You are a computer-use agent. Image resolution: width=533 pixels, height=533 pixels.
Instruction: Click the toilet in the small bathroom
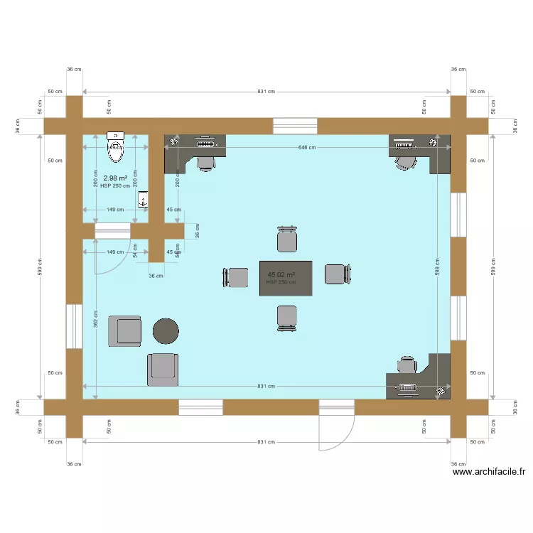pyautogui.click(x=115, y=148)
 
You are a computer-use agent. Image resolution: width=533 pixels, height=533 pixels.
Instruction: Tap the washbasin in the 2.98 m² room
pyautogui.click(x=143, y=198)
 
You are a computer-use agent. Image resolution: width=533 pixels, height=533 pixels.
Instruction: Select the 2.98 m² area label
pyautogui.click(x=115, y=178)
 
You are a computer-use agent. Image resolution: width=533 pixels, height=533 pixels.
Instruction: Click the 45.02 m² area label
pyautogui.click(x=281, y=274)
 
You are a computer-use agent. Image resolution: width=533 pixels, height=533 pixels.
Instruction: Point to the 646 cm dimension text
pyautogui.click(x=307, y=147)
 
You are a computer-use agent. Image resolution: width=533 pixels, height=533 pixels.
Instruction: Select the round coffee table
pyautogui.click(x=166, y=330)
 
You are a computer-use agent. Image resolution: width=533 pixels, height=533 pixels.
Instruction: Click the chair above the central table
pyautogui.click(x=286, y=239)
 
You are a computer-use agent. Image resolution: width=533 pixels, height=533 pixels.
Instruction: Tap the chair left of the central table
pyautogui.click(x=236, y=277)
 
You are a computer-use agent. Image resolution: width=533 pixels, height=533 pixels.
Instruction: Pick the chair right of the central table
pyautogui.click(x=337, y=274)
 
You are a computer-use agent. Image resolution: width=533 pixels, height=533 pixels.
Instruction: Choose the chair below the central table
pyautogui.click(x=286, y=317)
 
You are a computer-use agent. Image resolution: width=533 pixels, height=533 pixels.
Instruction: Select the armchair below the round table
pyautogui.click(x=163, y=369)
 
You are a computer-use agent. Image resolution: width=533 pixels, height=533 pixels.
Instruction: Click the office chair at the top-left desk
pyautogui.click(x=206, y=163)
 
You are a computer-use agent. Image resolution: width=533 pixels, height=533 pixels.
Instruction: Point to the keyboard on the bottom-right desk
pyautogui.click(x=407, y=387)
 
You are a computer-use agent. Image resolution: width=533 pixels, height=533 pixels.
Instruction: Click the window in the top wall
pyautogui.click(x=295, y=126)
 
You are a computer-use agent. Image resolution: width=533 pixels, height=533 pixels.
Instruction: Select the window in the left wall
pyautogui.click(x=74, y=326)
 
